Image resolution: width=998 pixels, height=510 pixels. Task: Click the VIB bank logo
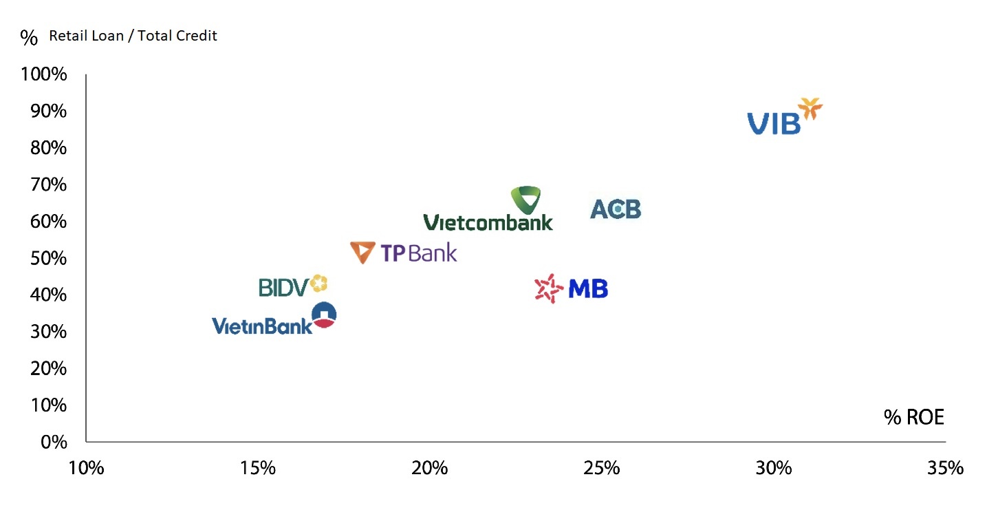(784, 117)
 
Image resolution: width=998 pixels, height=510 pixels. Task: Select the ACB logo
(616, 209)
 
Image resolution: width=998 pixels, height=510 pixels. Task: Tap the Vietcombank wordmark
(488, 222)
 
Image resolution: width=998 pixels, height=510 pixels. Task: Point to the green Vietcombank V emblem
(526, 200)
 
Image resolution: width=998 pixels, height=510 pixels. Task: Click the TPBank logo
(404, 253)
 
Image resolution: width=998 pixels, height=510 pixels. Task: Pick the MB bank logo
(572, 289)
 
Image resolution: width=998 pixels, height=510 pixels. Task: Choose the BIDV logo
(292, 286)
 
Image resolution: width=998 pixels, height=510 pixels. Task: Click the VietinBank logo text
(262, 326)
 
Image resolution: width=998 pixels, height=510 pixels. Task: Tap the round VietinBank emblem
(324, 315)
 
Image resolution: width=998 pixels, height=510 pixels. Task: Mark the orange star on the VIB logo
(810, 109)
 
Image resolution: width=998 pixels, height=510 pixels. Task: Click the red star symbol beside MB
(549, 289)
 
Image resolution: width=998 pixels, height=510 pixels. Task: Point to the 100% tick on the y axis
(45, 74)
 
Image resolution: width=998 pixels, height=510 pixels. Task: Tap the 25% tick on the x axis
(602, 469)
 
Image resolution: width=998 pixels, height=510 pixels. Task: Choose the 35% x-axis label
(945, 469)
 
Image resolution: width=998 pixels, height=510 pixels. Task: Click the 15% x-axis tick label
(258, 469)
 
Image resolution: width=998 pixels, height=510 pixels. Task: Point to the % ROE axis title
(914, 417)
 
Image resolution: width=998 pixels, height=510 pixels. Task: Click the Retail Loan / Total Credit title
(133, 36)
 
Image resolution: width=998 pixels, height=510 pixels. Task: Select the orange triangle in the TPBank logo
(362, 253)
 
